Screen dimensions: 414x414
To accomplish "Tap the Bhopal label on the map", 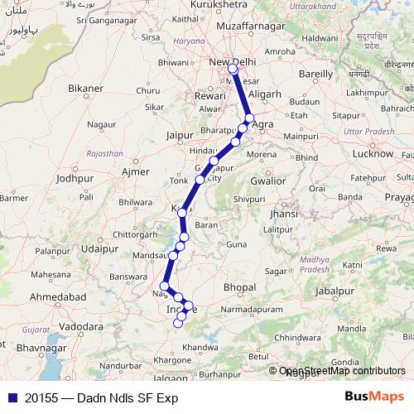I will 240,286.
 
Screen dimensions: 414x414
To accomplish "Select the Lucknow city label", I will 372,154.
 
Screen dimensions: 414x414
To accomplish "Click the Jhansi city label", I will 283,214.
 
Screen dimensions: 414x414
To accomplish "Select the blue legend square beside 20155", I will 12,397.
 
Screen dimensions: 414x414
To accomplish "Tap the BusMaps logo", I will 375,397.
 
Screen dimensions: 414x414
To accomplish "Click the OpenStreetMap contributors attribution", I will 342,372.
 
